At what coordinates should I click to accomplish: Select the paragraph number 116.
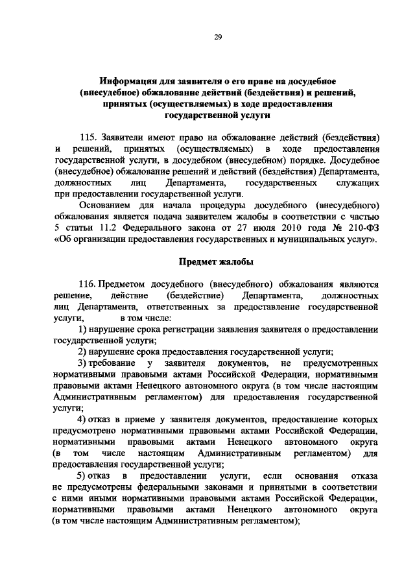89,284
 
